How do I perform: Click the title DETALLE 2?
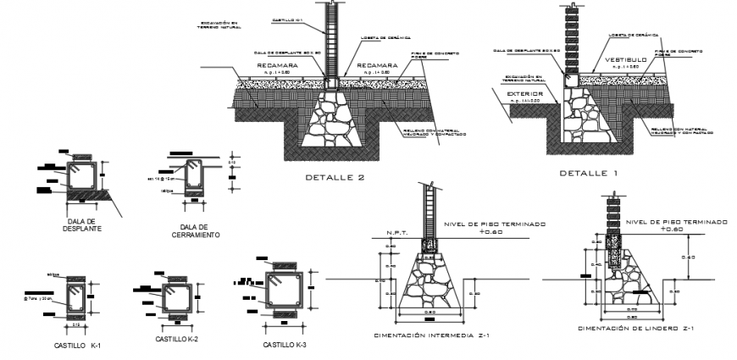337,178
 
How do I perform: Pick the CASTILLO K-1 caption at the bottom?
78,347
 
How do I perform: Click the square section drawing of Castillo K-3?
283,293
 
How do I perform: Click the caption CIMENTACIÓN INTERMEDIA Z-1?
431,335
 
